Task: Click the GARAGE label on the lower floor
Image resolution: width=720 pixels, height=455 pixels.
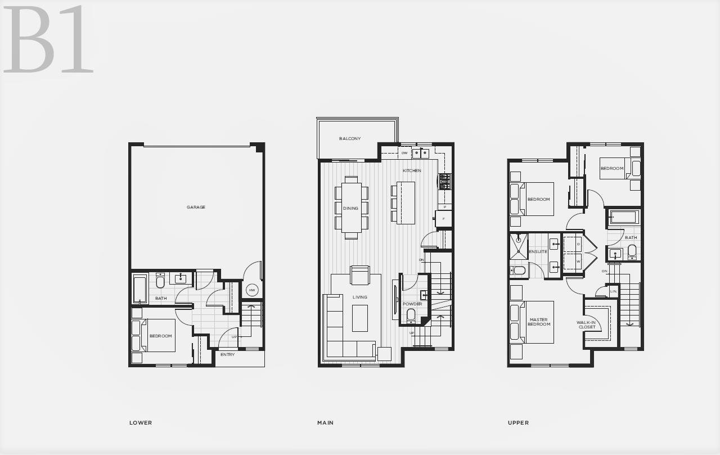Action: [196, 208]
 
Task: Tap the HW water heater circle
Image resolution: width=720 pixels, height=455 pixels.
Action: [251, 290]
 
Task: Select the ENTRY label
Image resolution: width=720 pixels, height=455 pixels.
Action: [228, 354]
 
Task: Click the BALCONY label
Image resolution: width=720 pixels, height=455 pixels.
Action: [350, 138]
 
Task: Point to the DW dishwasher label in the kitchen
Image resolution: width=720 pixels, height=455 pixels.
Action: [404, 153]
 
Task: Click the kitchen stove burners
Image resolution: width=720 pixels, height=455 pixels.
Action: [445, 181]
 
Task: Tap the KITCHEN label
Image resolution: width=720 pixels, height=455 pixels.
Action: [412, 170]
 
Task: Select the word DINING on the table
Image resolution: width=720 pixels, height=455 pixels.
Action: [350, 208]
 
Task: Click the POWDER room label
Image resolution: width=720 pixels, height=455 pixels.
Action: [412, 304]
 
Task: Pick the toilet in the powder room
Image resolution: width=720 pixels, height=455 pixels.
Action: [411, 316]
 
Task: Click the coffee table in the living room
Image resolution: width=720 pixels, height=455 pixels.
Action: [360, 318]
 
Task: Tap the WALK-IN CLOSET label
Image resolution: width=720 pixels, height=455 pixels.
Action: [587, 325]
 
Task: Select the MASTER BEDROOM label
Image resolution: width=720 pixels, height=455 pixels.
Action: [539, 322]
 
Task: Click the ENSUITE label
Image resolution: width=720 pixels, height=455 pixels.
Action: [538, 251]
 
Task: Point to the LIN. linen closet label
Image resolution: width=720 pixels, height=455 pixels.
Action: [614, 291]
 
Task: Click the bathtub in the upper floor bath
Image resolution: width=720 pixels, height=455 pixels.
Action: [623, 217]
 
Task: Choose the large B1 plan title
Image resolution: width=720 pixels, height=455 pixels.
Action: [48, 39]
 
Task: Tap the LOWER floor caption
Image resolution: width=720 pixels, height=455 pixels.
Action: [141, 423]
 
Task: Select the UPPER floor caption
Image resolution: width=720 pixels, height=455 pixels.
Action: [518, 423]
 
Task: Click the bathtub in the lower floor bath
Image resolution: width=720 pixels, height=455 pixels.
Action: [140, 289]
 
